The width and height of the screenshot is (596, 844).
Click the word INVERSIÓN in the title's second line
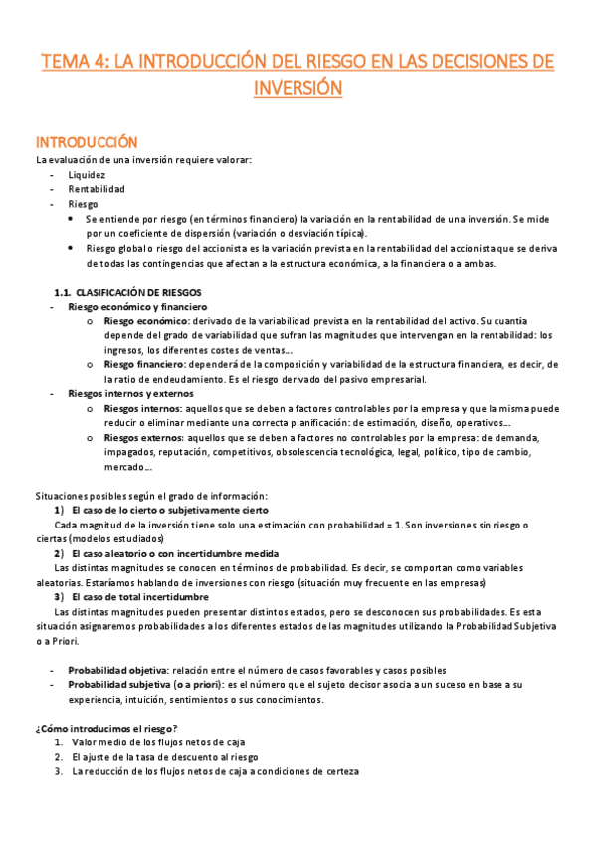[298, 88]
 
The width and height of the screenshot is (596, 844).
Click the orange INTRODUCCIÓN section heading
[87, 142]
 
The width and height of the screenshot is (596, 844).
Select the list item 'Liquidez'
[87, 174]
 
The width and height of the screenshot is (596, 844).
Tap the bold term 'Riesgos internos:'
[142, 409]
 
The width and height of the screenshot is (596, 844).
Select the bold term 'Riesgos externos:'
[143, 438]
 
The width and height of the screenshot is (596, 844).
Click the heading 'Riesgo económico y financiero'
[136, 308]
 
